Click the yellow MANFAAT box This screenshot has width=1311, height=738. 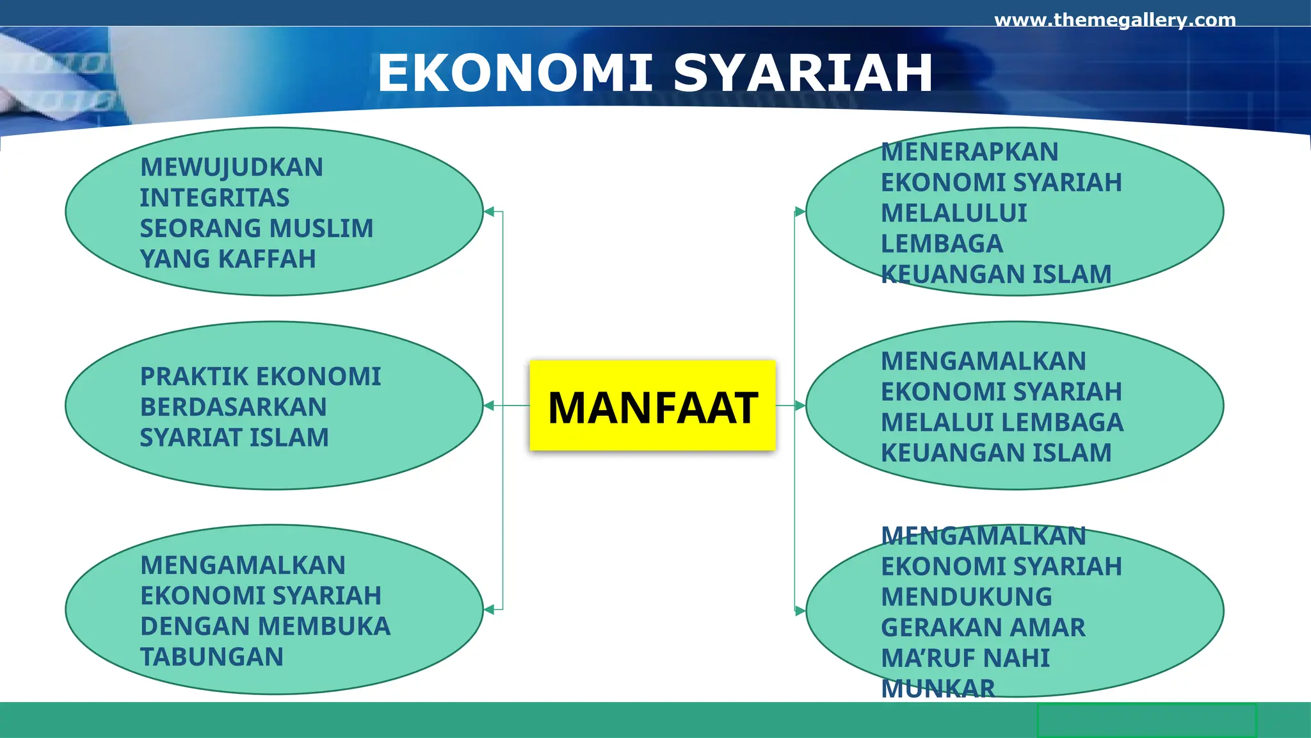[652, 406]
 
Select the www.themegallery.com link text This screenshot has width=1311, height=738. [1114, 20]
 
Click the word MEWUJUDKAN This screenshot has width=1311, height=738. [232, 168]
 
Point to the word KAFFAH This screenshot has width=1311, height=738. [267, 259]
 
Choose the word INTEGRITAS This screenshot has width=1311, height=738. [214, 198]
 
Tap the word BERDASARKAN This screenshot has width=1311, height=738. [233, 407]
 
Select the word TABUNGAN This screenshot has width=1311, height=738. [212, 657]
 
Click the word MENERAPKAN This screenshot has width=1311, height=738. [969, 152]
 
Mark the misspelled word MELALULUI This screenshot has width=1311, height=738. [954, 213]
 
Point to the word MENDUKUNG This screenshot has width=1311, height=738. [966, 597]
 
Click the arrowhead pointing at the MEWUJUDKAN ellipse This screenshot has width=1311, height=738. [489, 211]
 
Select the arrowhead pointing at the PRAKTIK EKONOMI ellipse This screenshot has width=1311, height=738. [489, 406]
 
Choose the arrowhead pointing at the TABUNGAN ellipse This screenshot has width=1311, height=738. [489, 610]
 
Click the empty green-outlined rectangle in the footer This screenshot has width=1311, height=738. [1146, 721]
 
